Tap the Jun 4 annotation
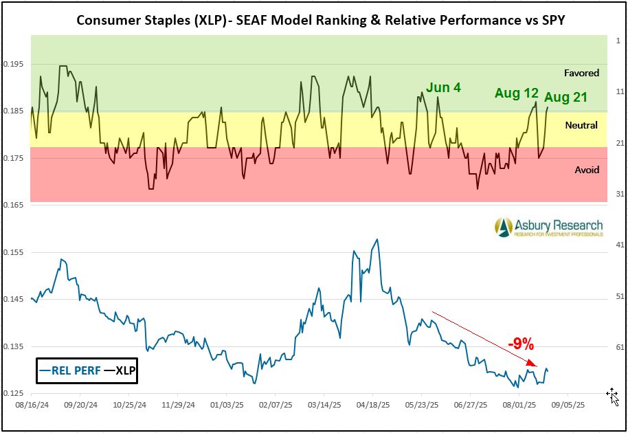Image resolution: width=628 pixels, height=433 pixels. click(443, 87)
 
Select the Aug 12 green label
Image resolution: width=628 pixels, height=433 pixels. click(516, 93)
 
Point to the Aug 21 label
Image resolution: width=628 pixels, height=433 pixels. click(566, 98)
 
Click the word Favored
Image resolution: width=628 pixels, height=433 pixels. click(581, 73)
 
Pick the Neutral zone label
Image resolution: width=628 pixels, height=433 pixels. click(581, 125)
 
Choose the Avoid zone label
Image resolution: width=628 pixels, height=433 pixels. click(586, 170)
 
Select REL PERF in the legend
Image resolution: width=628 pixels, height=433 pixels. click(69, 370)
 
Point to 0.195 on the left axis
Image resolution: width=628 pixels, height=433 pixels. click(14, 65)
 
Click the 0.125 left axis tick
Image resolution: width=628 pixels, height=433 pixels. click(14, 394)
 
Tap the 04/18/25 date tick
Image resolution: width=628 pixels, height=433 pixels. click(373, 406)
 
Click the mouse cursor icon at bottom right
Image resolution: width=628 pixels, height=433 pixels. click(613, 396)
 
